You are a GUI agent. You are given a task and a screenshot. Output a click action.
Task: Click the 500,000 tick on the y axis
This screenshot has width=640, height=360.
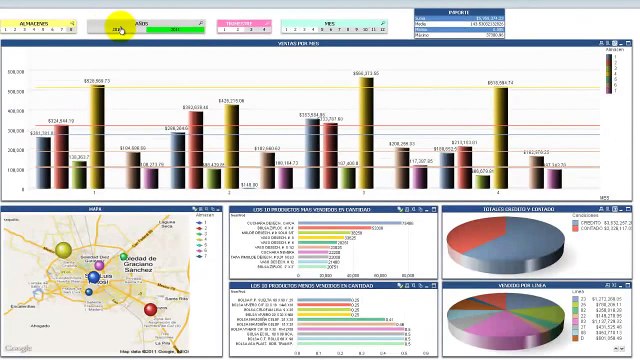pyautogui.click(x=16, y=72)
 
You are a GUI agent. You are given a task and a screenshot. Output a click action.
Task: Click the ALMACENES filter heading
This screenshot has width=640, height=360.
pyautogui.click(x=34, y=22)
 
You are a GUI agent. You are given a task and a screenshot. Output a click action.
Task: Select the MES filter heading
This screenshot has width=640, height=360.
pyautogui.click(x=330, y=22)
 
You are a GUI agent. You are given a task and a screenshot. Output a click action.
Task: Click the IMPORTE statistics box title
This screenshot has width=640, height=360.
pyautogui.click(x=458, y=12)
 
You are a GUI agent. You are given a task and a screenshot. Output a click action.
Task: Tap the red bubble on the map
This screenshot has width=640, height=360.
pyautogui.click(x=151, y=309)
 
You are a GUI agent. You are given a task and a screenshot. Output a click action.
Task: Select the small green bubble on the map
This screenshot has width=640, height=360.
pyautogui.click(x=125, y=257)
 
